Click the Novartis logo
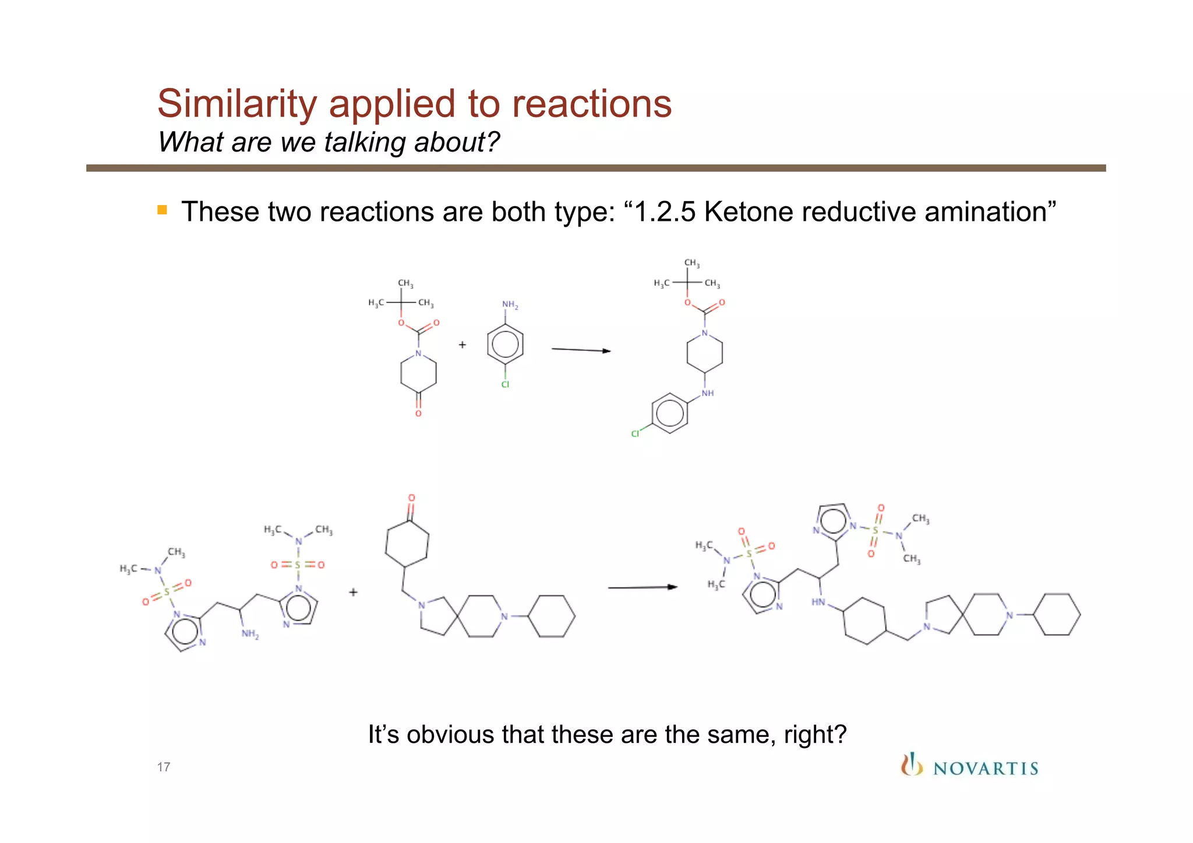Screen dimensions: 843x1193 969,766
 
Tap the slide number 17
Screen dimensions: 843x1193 164,767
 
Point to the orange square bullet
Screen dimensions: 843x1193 162,210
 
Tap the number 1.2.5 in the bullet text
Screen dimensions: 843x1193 665,211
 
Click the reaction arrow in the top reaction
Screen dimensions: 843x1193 581,350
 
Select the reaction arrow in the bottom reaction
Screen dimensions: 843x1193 643,587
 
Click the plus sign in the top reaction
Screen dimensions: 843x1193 463,345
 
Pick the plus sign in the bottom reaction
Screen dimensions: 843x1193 354,592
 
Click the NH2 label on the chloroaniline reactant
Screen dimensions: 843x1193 510,305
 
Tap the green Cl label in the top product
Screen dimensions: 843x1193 635,433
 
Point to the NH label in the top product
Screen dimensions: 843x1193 708,393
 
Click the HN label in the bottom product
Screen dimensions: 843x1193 818,602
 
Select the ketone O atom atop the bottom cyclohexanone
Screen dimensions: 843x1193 411,498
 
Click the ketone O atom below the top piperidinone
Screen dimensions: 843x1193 418,414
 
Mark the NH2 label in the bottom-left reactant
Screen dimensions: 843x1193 250,634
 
